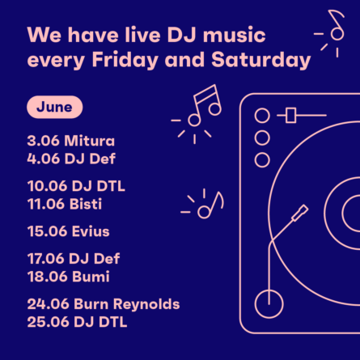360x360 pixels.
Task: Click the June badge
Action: [54, 107]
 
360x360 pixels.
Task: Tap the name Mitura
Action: [90, 141]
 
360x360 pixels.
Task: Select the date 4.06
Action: [43, 159]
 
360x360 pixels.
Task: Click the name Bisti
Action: [86, 204]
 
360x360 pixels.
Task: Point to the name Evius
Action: [91, 231]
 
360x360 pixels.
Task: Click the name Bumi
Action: [91, 277]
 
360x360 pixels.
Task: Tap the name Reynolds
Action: [146, 305]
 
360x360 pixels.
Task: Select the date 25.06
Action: [48, 322]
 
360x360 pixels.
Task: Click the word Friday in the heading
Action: [125, 60]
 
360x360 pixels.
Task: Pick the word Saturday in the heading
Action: [261, 60]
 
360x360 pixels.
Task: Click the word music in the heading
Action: [235, 36]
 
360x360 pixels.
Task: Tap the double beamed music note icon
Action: [205, 105]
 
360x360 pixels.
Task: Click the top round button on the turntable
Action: [262, 116]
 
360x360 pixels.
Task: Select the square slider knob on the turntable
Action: [291, 116]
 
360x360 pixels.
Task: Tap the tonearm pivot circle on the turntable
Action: [269, 304]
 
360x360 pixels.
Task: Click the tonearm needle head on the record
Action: [299, 214]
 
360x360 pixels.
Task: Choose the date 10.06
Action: [47, 186]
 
